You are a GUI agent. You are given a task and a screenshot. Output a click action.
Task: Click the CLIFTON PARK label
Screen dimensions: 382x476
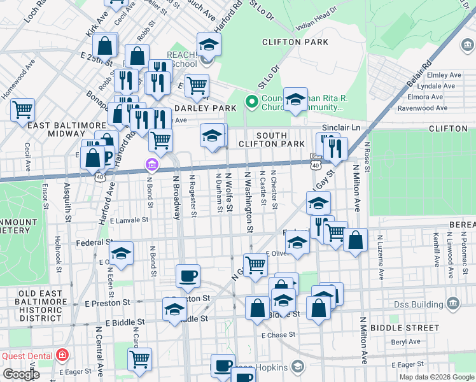(295, 42)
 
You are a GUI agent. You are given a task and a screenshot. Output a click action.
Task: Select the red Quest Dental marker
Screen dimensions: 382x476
(62, 355)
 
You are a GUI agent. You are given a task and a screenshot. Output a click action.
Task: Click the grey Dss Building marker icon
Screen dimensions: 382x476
(452, 302)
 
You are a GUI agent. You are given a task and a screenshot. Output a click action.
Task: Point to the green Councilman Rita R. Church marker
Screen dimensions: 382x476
(251, 101)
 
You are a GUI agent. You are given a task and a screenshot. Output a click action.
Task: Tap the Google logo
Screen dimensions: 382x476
(22, 374)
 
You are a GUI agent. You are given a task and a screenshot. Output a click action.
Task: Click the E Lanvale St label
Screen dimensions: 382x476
(129, 220)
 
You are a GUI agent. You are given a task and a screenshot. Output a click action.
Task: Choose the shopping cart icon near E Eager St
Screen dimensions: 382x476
(139, 358)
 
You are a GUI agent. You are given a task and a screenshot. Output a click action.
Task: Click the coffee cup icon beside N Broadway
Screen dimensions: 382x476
(188, 276)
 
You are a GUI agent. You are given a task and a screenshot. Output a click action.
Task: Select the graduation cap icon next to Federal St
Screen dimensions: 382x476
(121, 253)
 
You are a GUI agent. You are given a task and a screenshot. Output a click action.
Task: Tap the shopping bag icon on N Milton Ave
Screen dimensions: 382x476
(356, 239)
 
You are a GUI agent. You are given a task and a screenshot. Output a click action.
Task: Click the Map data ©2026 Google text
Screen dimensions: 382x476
(436, 377)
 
